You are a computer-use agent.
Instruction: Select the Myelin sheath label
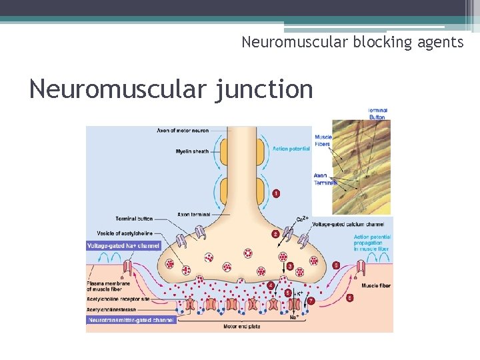(x=192, y=151)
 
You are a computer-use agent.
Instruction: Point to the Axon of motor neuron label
(x=183, y=130)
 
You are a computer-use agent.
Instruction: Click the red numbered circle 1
(x=276, y=193)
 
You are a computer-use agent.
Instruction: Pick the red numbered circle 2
(x=275, y=234)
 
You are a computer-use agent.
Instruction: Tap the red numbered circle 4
(x=271, y=285)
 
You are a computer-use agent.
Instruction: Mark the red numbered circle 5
(x=288, y=293)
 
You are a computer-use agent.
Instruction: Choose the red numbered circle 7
(x=311, y=301)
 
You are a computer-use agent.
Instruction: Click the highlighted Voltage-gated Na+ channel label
(x=124, y=246)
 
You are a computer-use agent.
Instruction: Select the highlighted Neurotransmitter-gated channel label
(x=131, y=320)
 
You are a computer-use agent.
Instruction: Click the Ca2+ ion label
(x=302, y=219)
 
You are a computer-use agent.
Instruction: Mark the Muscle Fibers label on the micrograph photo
(x=323, y=140)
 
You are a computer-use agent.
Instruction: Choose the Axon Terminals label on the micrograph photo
(x=325, y=179)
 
